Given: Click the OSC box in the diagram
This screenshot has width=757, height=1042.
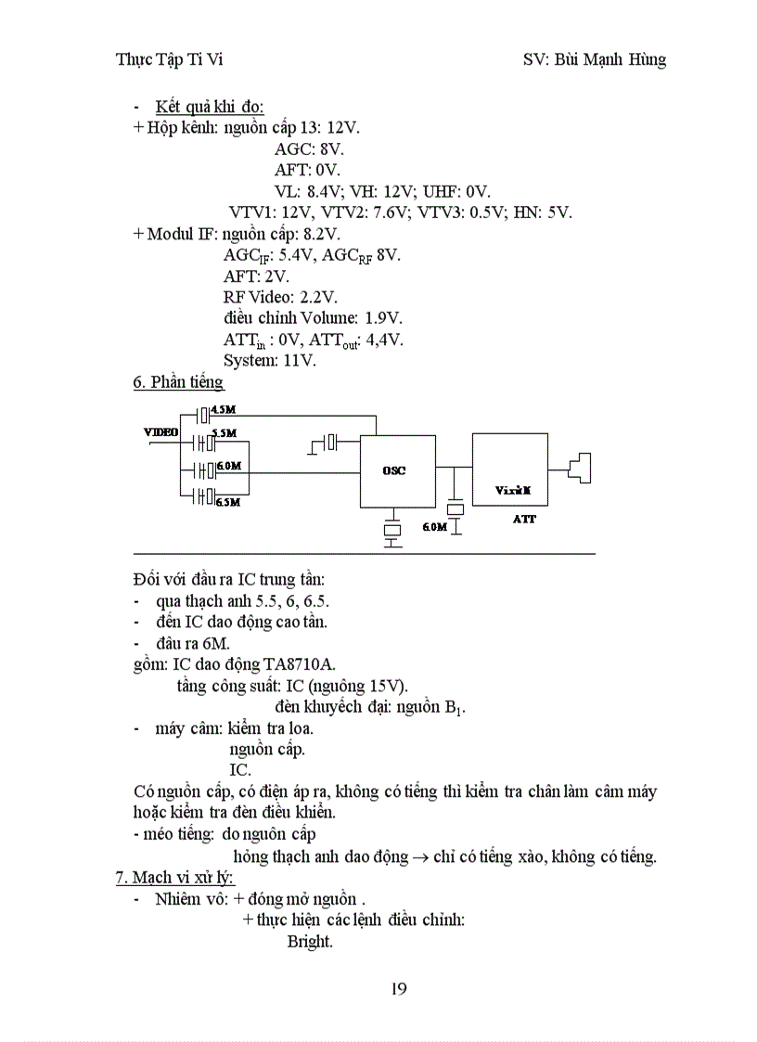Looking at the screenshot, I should point(394,470).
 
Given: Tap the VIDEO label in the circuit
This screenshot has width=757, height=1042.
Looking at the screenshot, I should point(161,431).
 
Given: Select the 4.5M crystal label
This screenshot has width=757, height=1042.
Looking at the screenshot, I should point(224,409).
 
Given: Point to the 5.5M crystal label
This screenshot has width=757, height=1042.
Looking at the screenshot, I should point(224,433).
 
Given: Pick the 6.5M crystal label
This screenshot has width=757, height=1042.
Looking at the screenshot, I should point(227,502).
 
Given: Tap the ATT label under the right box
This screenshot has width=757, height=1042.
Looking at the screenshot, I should point(524,520).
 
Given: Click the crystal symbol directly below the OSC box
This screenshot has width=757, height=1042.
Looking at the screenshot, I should point(393,530).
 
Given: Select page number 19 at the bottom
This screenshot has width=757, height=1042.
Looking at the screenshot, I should point(398,988).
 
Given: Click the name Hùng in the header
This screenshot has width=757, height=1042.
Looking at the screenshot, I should point(646,60).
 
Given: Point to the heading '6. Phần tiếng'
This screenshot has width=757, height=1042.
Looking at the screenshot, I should point(178,381).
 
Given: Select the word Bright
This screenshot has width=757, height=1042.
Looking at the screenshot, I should point(309,941).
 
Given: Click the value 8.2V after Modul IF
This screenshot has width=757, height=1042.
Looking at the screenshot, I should point(322,234).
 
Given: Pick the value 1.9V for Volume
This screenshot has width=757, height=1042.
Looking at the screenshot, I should point(382,318).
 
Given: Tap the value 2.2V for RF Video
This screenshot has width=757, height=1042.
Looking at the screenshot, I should point(318,297).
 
